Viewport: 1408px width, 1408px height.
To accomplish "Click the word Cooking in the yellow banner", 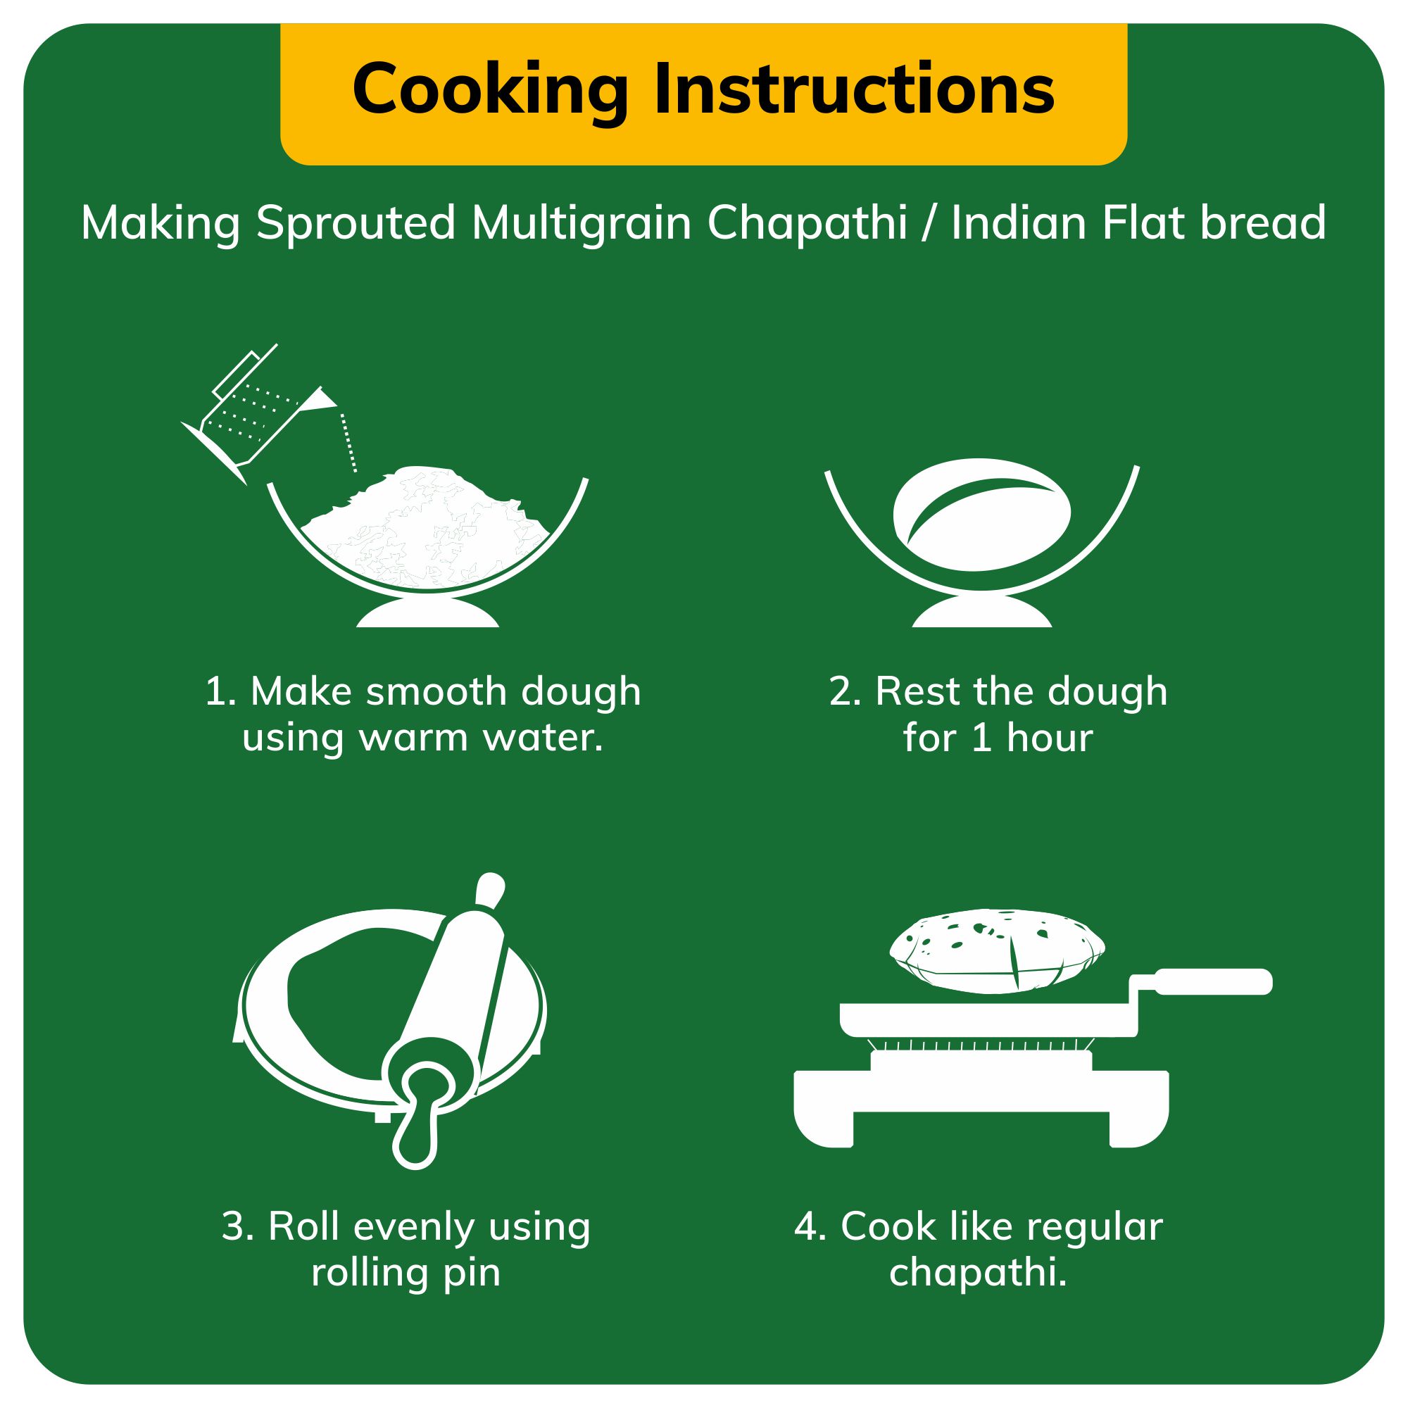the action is coord(491,91).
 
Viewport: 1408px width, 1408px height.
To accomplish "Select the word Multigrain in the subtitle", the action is coord(581,222).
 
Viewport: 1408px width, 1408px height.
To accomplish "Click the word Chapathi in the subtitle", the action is coord(807,222).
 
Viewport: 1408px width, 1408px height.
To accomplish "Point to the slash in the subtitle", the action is coord(928,223).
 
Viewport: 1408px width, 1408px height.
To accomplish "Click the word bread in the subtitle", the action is coord(1263,222).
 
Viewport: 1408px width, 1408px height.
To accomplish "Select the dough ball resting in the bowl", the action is coord(981,515).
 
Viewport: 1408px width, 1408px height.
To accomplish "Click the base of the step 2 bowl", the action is coord(981,612).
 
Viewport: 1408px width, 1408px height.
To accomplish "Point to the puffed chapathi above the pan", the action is coord(998,951).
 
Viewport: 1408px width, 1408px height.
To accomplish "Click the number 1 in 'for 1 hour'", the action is coord(981,738).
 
